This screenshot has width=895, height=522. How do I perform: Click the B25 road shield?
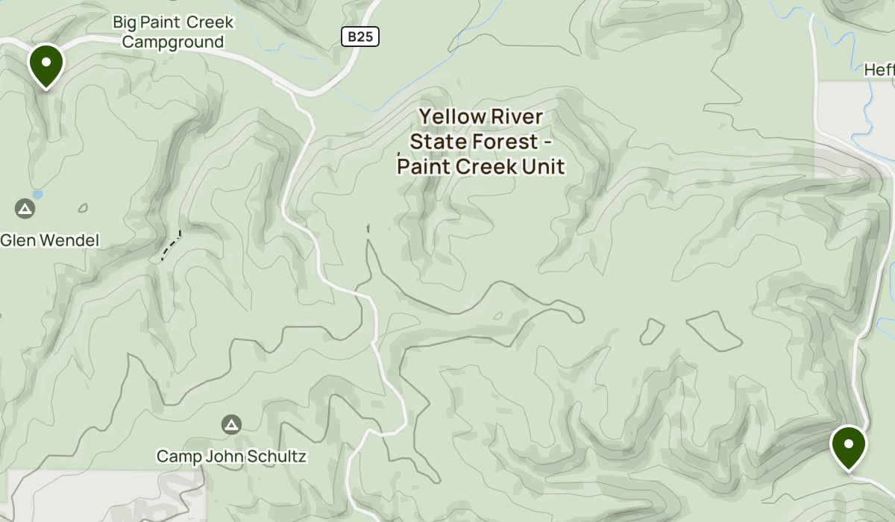coord(361,37)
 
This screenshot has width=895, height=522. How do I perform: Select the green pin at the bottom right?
coord(848,446)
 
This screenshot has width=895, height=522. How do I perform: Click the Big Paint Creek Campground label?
coord(173,32)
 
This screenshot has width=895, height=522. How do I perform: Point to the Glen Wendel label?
coord(49,241)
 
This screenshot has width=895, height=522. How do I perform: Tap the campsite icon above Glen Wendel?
coord(25,208)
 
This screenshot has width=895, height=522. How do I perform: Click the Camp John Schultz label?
coord(231,456)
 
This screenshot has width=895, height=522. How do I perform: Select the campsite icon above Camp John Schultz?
coord(231,425)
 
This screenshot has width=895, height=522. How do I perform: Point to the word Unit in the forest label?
coord(541,166)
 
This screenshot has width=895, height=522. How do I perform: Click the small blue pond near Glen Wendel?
coord(38,195)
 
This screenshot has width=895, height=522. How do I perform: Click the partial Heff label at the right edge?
coord(879,70)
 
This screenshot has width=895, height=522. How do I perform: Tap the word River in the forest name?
coord(518,117)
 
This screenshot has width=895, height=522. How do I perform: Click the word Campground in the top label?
coord(173,42)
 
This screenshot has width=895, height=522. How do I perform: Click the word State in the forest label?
coord(435,142)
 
